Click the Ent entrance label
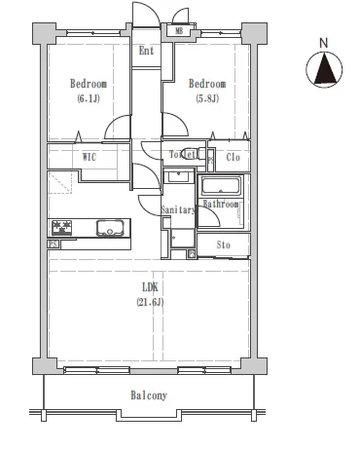[146, 51]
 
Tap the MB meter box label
[179, 31]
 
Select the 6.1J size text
[89, 98]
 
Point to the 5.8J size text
[207, 98]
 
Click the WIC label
[90, 157]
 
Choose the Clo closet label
[233, 158]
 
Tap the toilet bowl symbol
[190, 153]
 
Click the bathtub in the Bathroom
[221, 186]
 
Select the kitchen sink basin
[110, 228]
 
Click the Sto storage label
[224, 244]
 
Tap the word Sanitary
[178, 209]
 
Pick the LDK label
[150, 287]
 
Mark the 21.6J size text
[150, 302]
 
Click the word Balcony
[149, 395]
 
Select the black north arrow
[324, 70]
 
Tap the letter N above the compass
[324, 43]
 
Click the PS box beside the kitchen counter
[54, 244]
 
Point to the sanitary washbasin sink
[178, 177]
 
